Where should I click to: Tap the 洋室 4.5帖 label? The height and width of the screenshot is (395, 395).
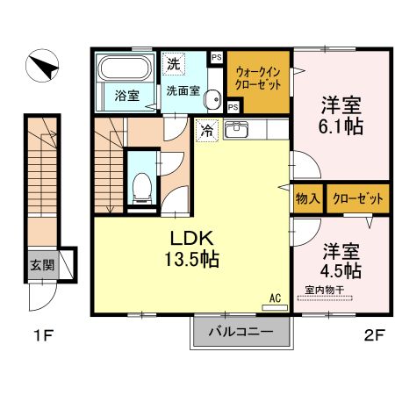[x=341, y=259]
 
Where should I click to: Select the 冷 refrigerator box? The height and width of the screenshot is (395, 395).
[x=207, y=130]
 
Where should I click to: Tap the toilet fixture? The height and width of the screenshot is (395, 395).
[x=139, y=183]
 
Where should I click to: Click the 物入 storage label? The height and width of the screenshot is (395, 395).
[x=306, y=199]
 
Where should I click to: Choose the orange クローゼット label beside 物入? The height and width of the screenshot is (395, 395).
[x=357, y=199]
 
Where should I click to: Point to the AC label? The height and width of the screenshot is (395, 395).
[x=274, y=298]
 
